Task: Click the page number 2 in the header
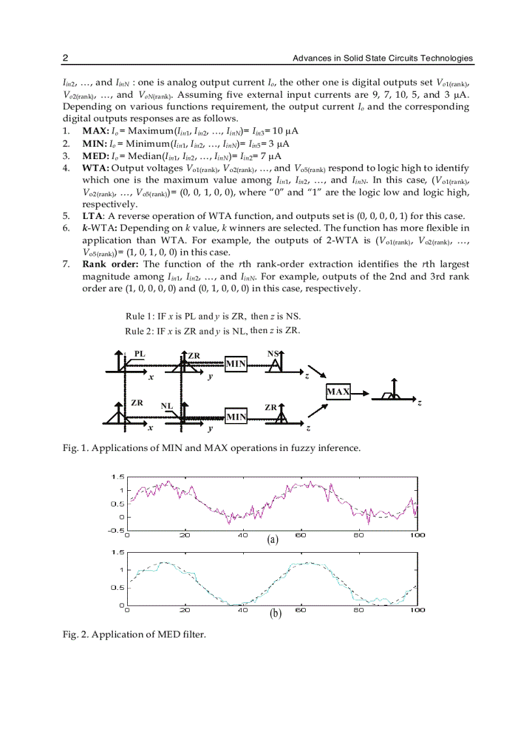point(65,59)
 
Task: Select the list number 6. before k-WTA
point(66,228)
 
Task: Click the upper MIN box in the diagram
point(236,364)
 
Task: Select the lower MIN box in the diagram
point(236,417)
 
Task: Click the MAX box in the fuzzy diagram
point(338,392)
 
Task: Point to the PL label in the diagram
point(140,354)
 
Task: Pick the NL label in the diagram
point(167,405)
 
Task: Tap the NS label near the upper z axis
point(273,354)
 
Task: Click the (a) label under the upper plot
point(273,540)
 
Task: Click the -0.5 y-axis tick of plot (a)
point(117,530)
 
